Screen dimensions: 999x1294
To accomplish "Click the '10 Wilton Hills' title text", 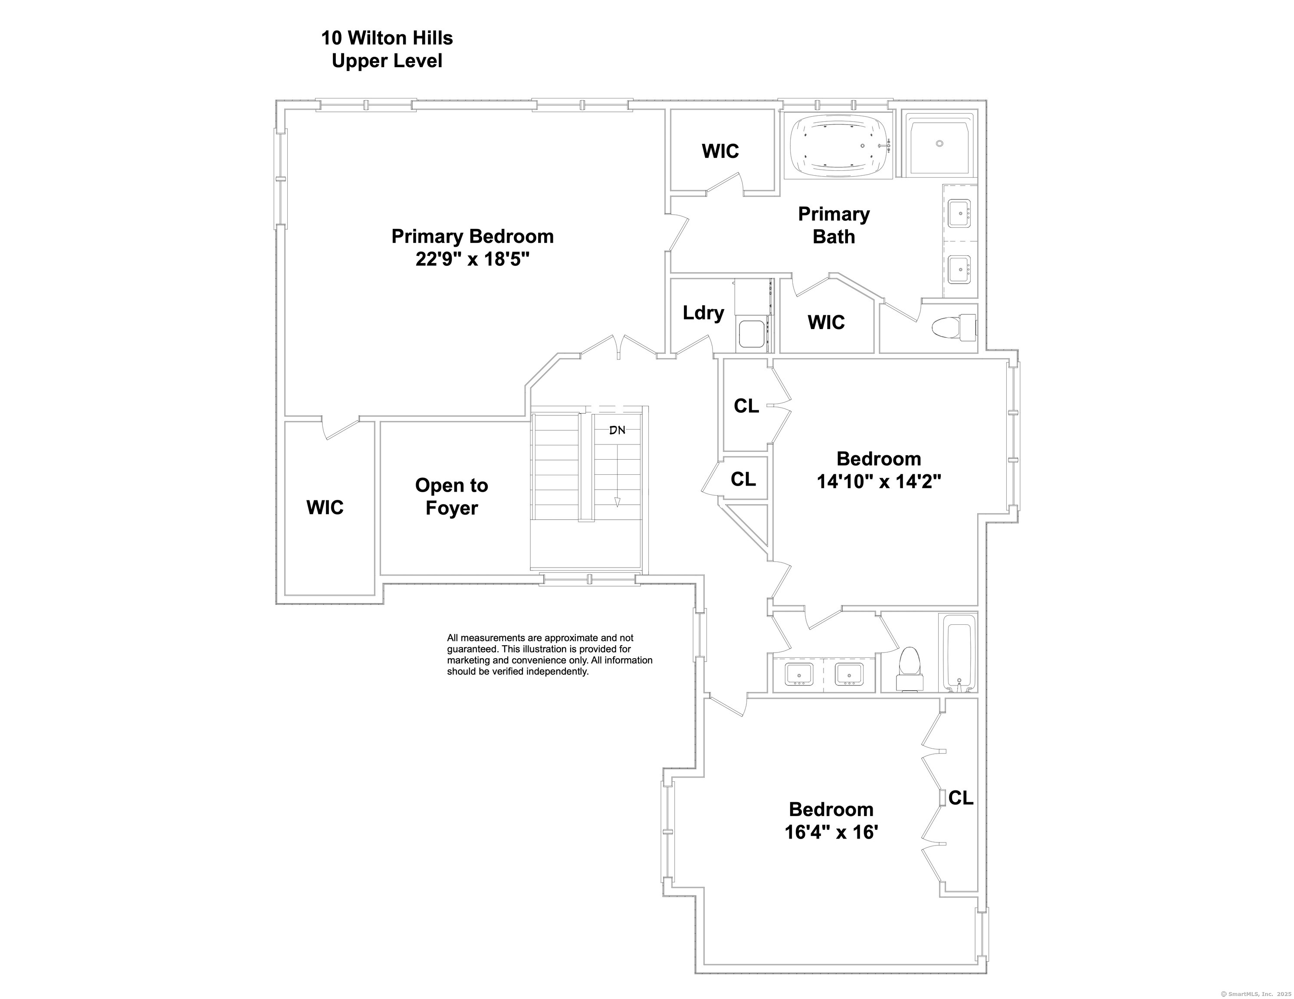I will pyautogui.click(x=387, y=38).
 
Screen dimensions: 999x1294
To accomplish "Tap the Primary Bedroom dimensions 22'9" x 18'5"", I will pyautogui.click(x=472, y=259).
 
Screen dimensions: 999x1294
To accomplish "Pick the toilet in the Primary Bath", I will pyautogui.click(x=953, y=327).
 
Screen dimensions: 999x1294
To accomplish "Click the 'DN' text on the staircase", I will pyautogui.click(x=617, y=430).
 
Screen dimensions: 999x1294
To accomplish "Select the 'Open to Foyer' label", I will pyautogui.click(x=451, y=496).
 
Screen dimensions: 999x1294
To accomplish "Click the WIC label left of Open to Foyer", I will pyautogui.click(x=325, y=507).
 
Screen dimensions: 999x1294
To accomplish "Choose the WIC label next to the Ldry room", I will pyautogui.click(x=826, y=322).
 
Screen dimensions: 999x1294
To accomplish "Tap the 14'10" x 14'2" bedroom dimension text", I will pyautogui.click(x=879, y=481).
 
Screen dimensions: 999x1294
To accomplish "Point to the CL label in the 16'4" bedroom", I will pyautogui.click(x=960, y=798).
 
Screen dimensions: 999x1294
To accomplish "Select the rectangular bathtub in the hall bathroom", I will pyautogui.click(x=959, y=653).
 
